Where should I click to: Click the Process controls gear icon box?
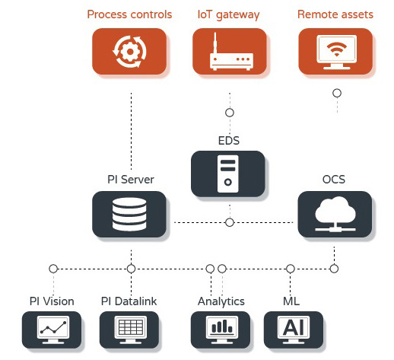coord(129,52)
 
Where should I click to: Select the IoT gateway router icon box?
coord(230,52)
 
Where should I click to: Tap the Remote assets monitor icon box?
coord(335,52)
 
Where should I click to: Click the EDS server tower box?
coord(228,174)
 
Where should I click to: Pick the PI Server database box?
coord(129,215)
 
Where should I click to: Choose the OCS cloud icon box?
coord(335,215)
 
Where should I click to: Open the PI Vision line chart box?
coord(52,330)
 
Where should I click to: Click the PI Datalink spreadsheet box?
coord(129,330)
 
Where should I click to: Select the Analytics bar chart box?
coord(221,330)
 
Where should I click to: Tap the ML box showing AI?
coord(294,330)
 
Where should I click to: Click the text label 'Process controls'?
coord(129,14)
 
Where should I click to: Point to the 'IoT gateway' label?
coord(228,15)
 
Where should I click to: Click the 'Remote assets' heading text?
coord(335,14)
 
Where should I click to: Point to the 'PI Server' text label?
coord(131,180)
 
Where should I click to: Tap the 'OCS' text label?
coord(334,180)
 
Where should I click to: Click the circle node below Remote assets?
coord(337,93)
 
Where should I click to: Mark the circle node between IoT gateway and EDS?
coord(230,113)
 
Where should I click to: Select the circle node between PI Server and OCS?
coord(230,222)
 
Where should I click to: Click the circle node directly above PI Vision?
coord(53,269)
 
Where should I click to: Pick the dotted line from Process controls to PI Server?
coord(131,131)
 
